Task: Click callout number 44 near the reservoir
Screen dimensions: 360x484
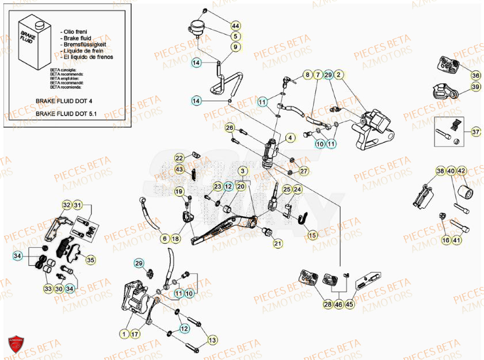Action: click(x=236, y=26)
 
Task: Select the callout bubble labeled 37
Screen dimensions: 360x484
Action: click(x=475, y=132)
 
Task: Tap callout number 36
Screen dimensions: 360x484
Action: click(x=475, y=75)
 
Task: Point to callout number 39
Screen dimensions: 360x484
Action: click(x=475, y=86)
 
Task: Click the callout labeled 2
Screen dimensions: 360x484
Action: click(x=339, y=75)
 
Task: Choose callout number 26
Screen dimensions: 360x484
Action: click(x=230, y=128)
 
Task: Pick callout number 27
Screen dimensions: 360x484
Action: click(x=304, y=171)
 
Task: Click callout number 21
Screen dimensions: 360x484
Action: click(x=278, y=244)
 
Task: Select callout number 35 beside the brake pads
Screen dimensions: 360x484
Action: click(x=90, y=261)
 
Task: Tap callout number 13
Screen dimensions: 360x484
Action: click(x=212, y=340)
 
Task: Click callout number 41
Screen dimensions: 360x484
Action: click(x=456, y=240)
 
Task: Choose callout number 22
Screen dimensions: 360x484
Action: click(x=180, y=158)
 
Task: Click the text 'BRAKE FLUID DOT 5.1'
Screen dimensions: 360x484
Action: click(x=66, y=114)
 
